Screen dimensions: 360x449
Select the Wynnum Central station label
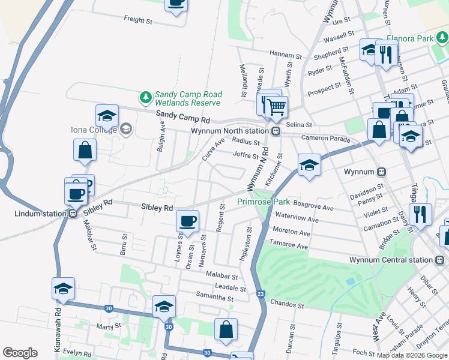[x=391, y=260]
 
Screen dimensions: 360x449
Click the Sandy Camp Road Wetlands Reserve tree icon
[x=145, y=96]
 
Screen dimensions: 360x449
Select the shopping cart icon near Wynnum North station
[x=276, y=108]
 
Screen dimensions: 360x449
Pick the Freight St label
[x=137, y=20]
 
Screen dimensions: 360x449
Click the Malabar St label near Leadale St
[x=223, y=277]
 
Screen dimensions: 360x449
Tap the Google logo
[x=20, y=353]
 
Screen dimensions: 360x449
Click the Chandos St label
[x=288, y=305]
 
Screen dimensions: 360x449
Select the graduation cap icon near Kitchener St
[x=309, y=165]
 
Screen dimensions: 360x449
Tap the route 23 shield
[x=260, y=293]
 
